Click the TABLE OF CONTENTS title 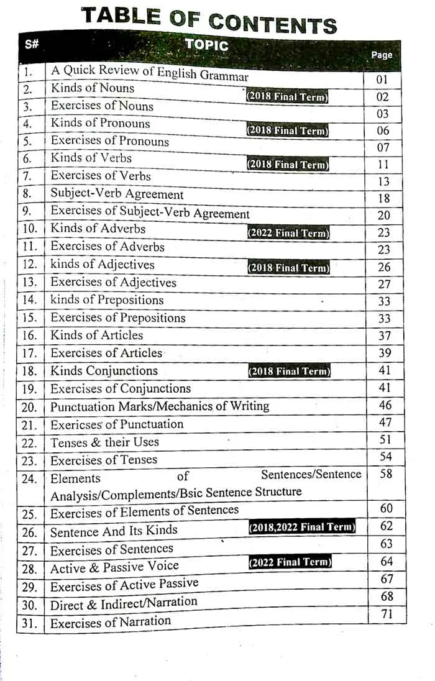(x=209, y=19)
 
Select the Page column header (x=382, y=55)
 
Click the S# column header (x=32, y=44)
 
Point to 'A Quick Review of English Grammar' (x=149, y=73)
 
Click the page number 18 (x=383, y=199)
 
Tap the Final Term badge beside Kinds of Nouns (x=287, y=97)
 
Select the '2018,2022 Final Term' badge (x=302, y=528)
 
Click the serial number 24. (x=29, y=479)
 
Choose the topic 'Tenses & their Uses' (x=104, y=442)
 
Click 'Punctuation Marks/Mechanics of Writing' (x=160, y=406)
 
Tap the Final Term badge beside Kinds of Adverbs (x=288, y=234)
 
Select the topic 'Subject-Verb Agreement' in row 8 (x=117, y=194)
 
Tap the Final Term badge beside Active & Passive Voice (x=290, y=563)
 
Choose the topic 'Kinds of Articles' (x=96, y=336)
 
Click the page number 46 (x=385, y=406)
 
